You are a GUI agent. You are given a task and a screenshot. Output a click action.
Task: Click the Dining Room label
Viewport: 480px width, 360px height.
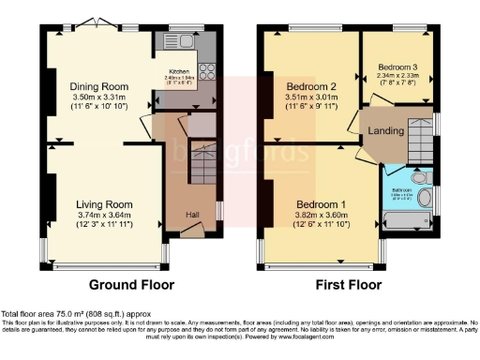(104, 86)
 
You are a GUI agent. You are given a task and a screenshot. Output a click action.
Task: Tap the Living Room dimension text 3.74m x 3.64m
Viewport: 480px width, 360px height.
(105, 213)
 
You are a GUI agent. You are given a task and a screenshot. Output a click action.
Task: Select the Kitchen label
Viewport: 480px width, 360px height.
(178, 71)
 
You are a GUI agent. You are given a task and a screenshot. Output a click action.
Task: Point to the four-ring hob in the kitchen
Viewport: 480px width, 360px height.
(206, 70)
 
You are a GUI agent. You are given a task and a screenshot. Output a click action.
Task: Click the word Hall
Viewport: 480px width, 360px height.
(191, 214)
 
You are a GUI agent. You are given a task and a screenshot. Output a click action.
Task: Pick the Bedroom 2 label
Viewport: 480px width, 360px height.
(312, 85)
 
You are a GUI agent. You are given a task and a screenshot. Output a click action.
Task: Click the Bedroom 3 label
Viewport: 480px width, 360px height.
(398, 67)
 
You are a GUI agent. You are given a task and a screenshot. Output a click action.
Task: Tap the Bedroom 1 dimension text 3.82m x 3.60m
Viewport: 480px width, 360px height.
(322, 215)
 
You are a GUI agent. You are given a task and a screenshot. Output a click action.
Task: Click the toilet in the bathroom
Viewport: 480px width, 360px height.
(419, 176)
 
